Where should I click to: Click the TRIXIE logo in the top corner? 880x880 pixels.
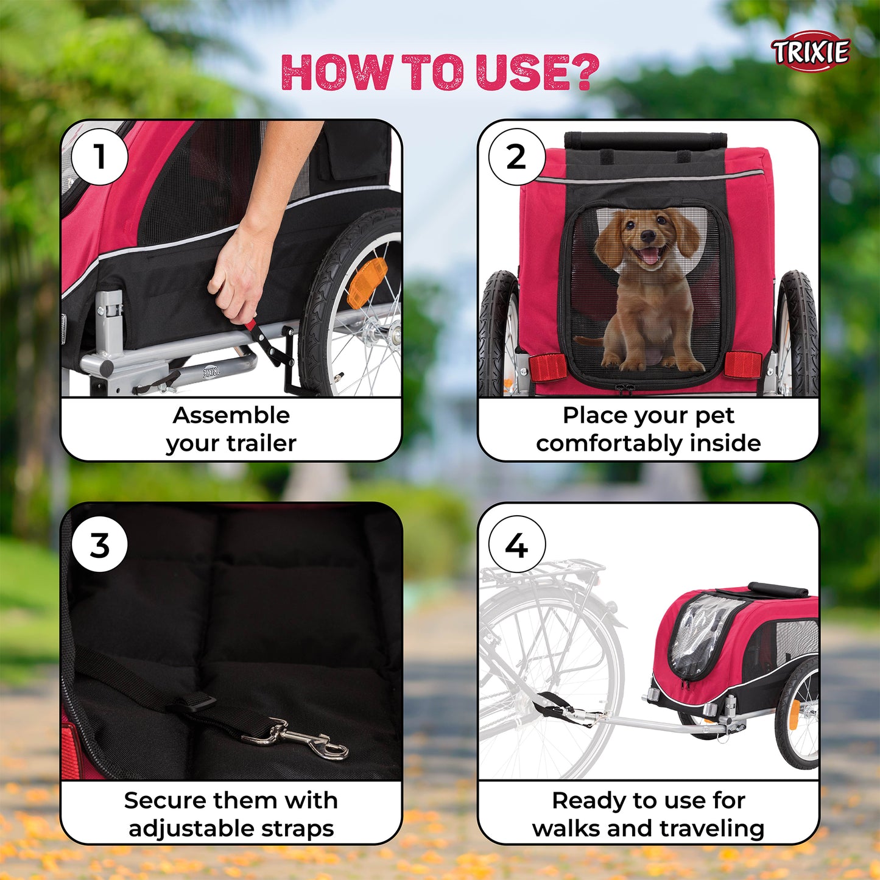[811, 52]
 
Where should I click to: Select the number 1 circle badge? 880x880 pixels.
[99, 157]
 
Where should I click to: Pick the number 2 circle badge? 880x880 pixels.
[516, 157]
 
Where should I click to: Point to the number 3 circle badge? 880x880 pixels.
[99, 544]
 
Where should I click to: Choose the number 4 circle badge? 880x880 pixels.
[516, 544]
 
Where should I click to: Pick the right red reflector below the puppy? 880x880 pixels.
[743, 364]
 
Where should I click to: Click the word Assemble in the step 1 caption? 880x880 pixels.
[231, 415]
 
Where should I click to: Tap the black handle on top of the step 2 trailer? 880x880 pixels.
[646, 141]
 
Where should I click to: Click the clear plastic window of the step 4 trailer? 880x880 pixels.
[700, 633]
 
